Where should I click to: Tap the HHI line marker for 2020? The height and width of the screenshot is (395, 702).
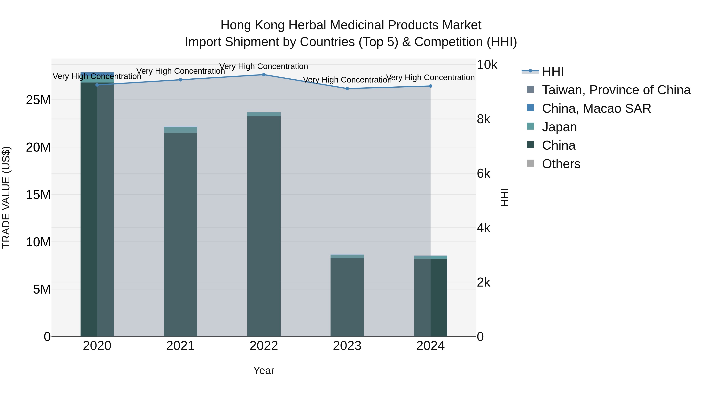[x=97, y=85]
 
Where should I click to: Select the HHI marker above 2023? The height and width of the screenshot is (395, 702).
[x=347, y=89]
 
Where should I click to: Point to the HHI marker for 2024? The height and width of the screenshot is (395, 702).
[x=430, y=86]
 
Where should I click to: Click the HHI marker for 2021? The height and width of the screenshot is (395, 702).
[x=180, y=80]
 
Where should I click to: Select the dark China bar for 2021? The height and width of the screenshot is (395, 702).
[x=180, y=234]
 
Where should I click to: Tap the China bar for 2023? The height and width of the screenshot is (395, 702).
[x=347, y=297]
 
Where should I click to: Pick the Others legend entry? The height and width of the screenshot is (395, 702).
[x=561, y=164]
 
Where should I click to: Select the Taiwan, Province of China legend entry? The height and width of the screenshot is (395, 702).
[x=616, y=90]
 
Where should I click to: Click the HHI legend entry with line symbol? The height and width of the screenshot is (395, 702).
[x=552, y=71]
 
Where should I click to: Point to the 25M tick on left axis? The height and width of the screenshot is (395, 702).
[x=38, y=100]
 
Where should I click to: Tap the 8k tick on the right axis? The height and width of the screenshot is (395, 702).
[x=483, y=119]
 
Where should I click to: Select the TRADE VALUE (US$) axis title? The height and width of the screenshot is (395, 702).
[x=6, y=197]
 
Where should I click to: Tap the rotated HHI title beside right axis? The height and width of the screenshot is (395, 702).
[x=505, y=197]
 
